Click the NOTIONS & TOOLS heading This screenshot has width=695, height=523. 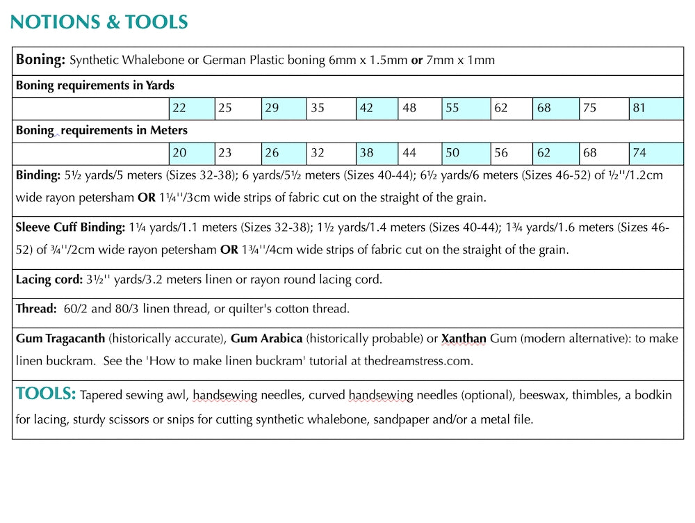pos(99,22)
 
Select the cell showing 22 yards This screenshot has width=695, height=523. pos(191,108)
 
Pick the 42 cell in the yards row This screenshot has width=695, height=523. pos(377,108)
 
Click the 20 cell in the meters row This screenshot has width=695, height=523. pos(191,153)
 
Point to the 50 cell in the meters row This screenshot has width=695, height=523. pos(466,153)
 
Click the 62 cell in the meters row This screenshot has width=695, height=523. pos(556,153)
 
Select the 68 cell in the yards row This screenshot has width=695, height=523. pos(556,108)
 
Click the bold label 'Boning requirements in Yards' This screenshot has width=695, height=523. pos(95,86)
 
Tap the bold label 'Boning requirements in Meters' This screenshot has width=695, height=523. pos(101,131)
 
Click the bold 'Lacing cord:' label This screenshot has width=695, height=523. pos(49,280)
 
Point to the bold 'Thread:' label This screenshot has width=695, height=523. pos(36,309)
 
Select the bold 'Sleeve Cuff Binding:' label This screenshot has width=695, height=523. pos(71,228)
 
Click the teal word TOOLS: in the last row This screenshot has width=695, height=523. pos(46,394)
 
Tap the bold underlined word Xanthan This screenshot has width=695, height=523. pos(464,339)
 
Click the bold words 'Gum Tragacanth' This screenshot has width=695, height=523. pos(60,339)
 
